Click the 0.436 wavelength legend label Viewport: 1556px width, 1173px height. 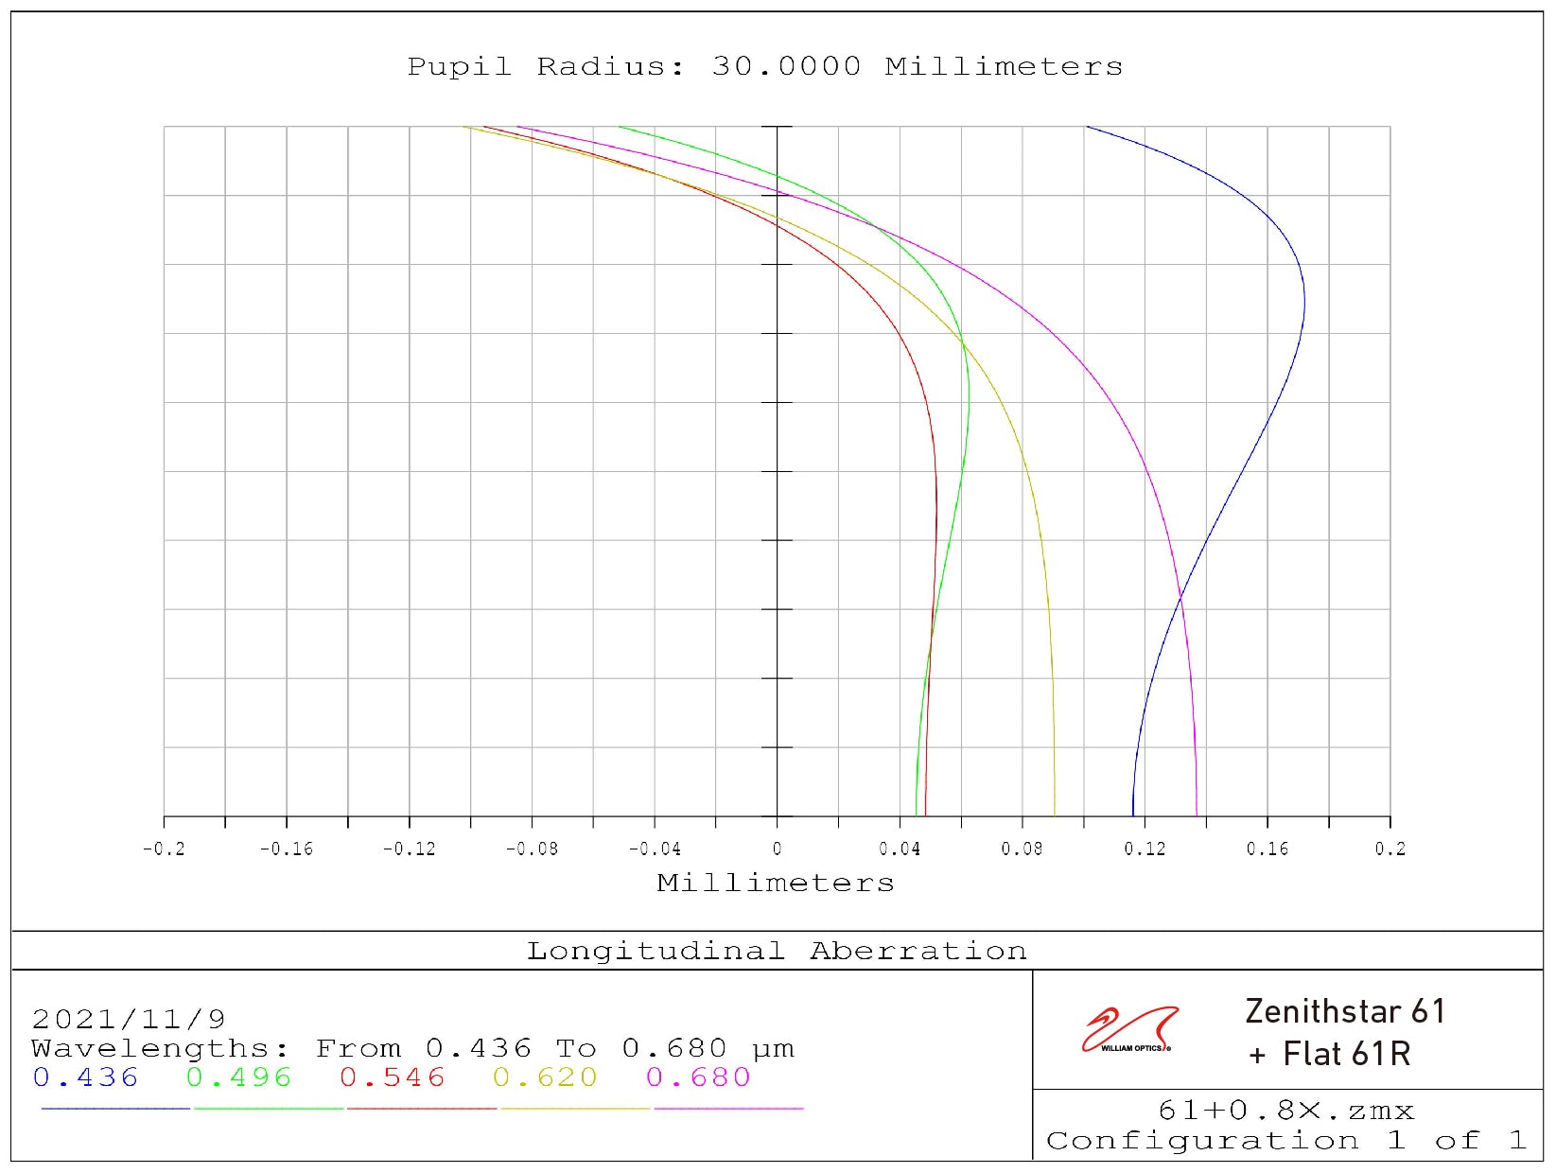pos(85,1077)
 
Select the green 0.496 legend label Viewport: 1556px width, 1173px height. pos(238,1077)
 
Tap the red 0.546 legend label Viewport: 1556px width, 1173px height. pos(392,1077)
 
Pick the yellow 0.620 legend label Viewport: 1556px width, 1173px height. pos(545,1077)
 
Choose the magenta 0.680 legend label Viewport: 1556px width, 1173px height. pos(698,1077)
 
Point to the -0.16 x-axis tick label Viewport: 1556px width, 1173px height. pos(286,849)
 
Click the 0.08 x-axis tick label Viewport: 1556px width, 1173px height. pos(1022,849)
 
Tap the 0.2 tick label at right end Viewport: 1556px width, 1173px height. pos(1390,849)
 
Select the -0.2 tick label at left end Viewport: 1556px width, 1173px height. pos(164,849)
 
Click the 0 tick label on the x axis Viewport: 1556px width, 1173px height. pos(777,849)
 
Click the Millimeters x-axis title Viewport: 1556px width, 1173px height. pos(776,884)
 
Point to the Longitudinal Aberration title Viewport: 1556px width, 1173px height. pos(777,951)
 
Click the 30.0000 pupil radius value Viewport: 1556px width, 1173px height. pos(786,67)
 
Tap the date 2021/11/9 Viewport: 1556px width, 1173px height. pos(129,1019)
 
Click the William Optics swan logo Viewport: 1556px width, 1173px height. pos(1130,1029)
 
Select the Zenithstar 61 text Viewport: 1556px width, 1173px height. pos(1345,1011)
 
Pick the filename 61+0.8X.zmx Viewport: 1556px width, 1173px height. pos(1285,1111)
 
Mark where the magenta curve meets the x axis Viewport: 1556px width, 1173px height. pos(1197,815)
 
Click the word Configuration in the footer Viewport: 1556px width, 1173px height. pos(1202,1141)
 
